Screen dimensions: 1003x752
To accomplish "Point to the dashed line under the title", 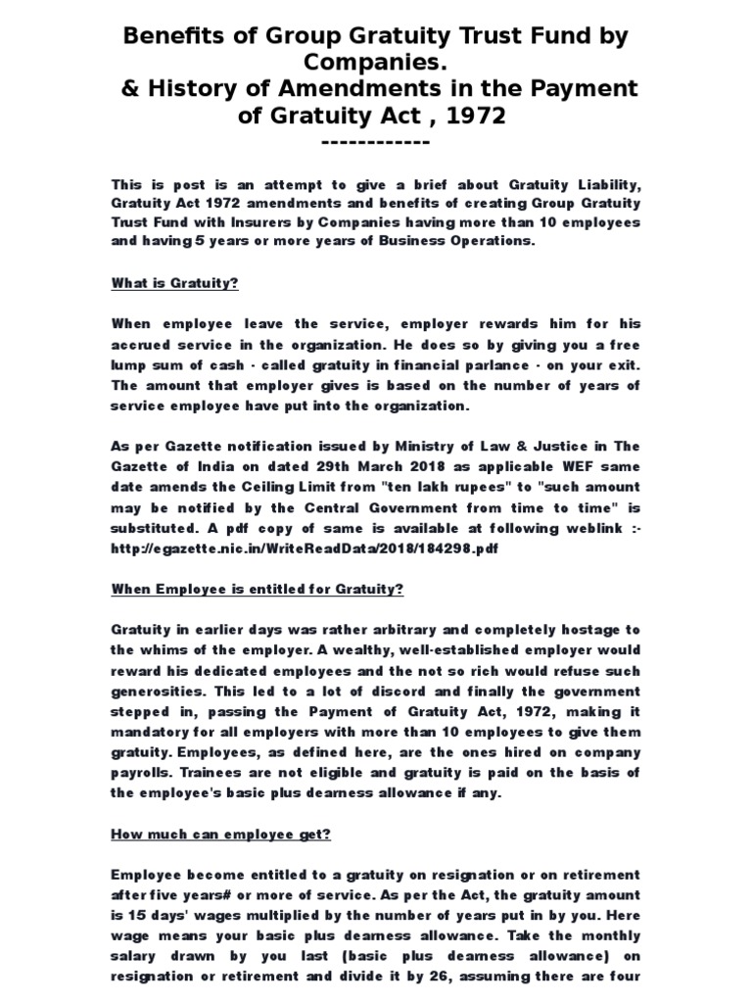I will point(375,142).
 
